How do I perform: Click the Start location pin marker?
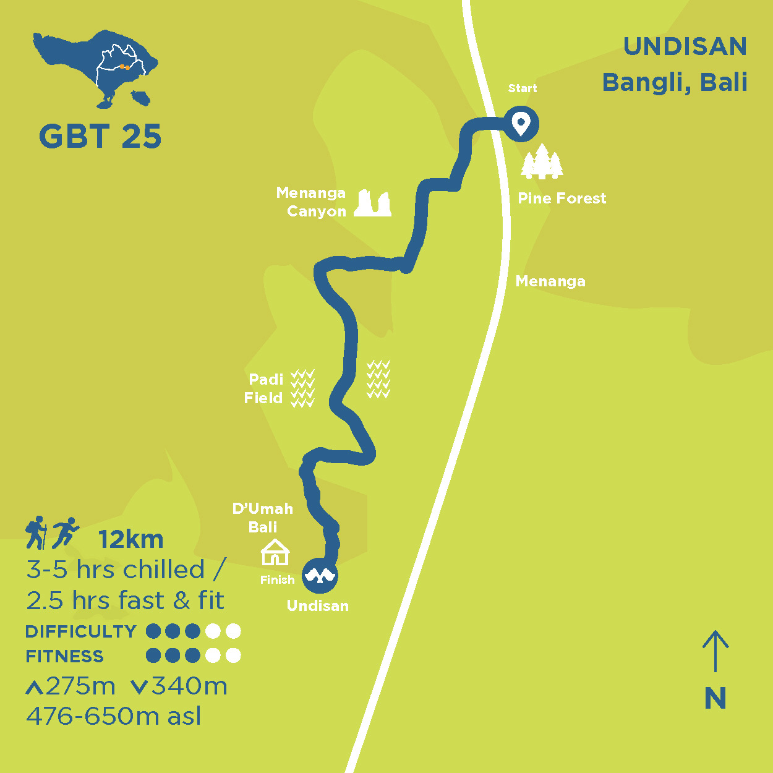[521, 124]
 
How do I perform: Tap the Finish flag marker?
[320, 576]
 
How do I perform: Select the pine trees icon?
[542, 162]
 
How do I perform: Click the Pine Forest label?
[562, 199]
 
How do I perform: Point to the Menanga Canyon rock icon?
[373, 203]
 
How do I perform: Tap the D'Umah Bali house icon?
[275, 552]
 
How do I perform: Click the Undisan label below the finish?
[318, 606]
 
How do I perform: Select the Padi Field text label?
[264, 388]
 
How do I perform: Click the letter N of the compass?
[715, 699]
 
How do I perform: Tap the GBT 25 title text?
[100, 137]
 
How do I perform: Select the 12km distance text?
[131, 540]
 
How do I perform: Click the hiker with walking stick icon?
[36, 532]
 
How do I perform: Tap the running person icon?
[65, 532]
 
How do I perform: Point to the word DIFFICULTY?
[81, 631]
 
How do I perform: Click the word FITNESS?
[65, 656]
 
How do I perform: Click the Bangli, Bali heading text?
[675, 82]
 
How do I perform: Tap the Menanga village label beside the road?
[550, 281]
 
